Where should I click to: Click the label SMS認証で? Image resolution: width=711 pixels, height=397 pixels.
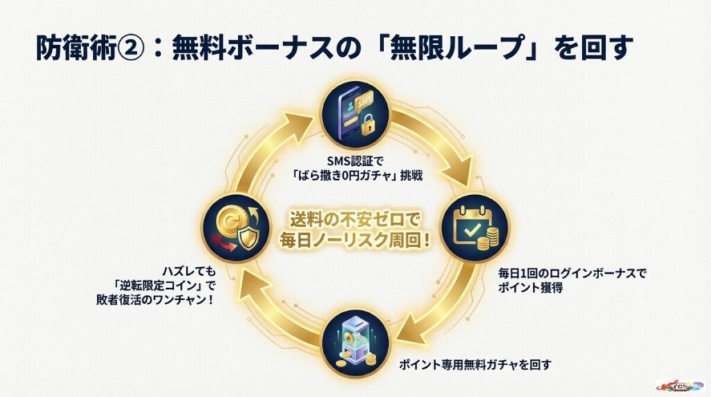(355, 161)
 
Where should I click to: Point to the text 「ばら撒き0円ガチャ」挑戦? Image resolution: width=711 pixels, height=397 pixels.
(355, 176)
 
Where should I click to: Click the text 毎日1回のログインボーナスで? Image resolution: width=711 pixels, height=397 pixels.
(572, 273)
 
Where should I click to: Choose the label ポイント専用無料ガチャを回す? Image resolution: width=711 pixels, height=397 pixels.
(476, 363)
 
